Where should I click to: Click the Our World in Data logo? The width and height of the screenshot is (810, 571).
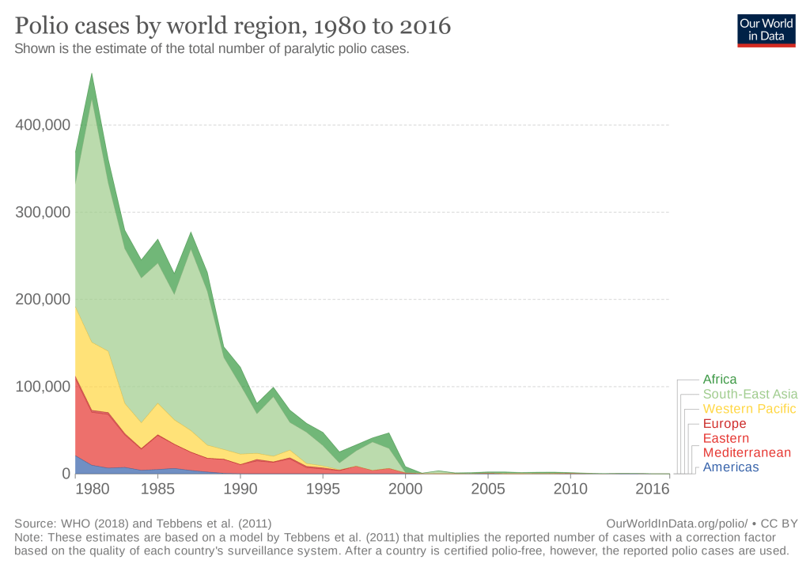tap(766, 29)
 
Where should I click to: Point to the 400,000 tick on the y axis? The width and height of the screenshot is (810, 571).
tap(43, 125)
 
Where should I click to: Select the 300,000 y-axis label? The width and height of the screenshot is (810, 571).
tap(43, 212)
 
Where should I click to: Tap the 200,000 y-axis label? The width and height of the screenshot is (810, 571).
tap(43, 300)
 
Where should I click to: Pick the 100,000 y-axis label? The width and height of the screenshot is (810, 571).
tap(43, 387)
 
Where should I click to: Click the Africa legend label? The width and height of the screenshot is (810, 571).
tap(719, 380)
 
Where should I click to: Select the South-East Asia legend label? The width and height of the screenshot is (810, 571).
tap(749, 394)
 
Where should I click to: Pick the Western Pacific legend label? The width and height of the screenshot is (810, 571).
tap(749, 409)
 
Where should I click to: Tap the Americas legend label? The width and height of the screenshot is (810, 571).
tap(730, 467)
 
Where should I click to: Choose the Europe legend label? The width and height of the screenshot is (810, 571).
tap(724, 424)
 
